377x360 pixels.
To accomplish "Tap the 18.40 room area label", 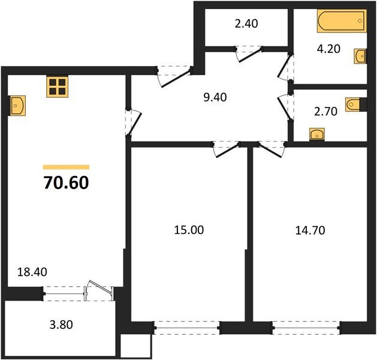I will (x=32, y=272).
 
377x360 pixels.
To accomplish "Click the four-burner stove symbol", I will (x=57, y=87).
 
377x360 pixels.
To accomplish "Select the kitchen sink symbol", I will (x=17, y=106).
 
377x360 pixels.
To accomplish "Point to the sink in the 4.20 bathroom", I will (x=360, y=55).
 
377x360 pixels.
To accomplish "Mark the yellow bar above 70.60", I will (x=66, y=167).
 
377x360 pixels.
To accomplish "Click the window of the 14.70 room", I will (x=306, y=328).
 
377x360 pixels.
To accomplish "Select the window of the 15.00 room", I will (x=186, y=328).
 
